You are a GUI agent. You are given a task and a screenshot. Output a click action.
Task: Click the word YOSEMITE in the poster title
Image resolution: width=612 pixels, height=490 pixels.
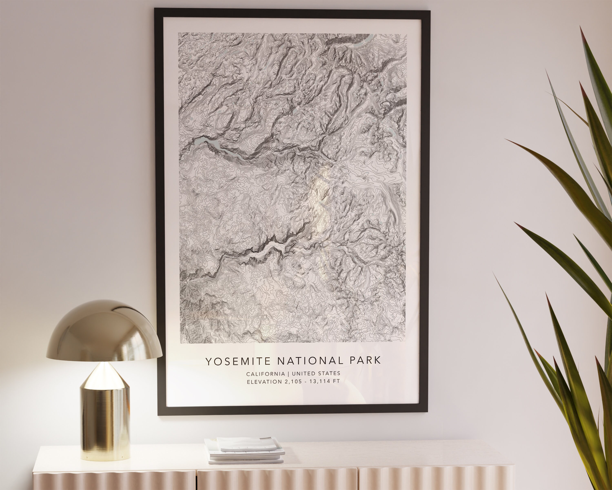(x=238, y=361)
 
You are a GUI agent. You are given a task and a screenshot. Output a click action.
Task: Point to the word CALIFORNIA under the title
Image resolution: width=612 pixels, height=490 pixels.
(x=265, y=374)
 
